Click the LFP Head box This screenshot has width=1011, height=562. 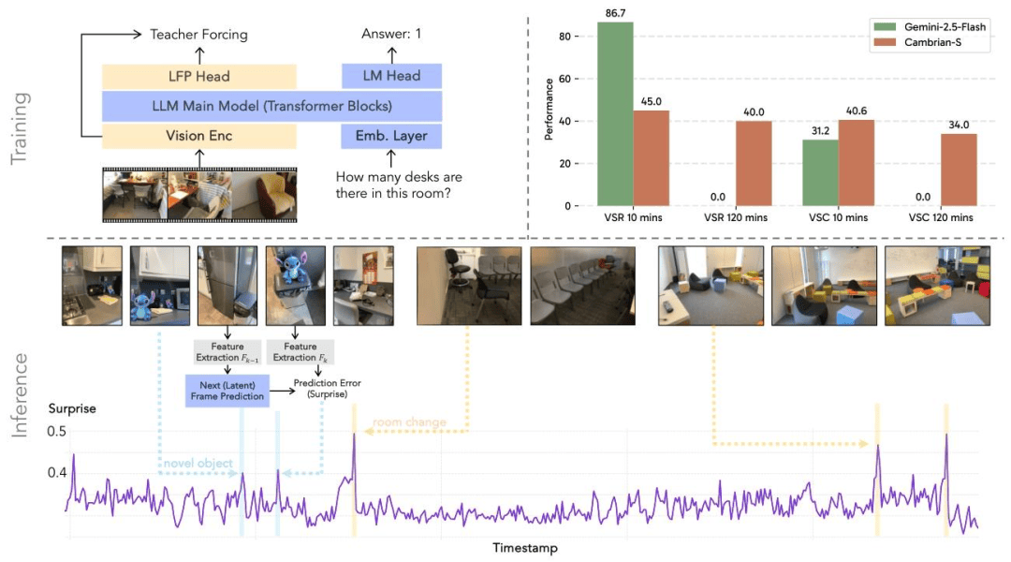point(199,76)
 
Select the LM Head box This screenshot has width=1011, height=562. point(391,76)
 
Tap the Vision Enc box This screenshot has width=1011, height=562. point(199,136)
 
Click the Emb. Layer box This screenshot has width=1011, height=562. point(391,136)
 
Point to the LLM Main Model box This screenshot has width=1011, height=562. point(271,106)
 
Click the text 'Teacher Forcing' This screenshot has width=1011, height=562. point(198,35)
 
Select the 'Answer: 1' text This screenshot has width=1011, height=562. point(391,35)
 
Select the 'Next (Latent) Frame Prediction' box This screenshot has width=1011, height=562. point(227,391)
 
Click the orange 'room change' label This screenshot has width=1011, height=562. point(410,422)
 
